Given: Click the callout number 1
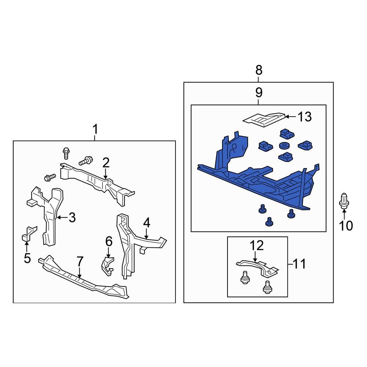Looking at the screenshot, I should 95,130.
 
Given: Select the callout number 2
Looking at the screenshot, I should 106,163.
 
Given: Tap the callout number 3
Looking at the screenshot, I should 72,218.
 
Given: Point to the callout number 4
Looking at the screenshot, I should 146,222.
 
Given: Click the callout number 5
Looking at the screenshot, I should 27,258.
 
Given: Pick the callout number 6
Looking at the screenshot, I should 109,241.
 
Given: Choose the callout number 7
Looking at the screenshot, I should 80,261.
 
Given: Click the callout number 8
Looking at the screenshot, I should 259,69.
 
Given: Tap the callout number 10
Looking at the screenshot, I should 346,226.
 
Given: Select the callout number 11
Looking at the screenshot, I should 300,264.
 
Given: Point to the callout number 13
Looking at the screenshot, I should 305,117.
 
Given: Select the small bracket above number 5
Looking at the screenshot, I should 29,233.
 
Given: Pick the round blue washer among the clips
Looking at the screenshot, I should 284,146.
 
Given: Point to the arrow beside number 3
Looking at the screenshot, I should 62,218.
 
